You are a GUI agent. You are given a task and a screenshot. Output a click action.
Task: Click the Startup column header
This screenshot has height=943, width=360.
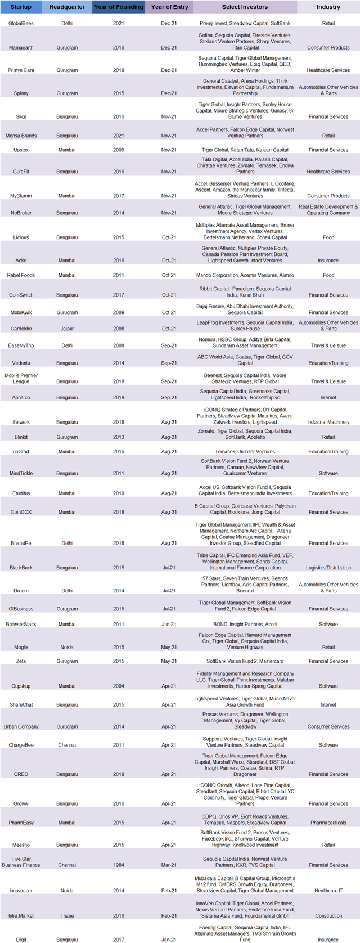(x=21, y=7)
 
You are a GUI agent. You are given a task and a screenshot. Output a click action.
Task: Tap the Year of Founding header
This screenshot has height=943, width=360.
(x=118, y=7)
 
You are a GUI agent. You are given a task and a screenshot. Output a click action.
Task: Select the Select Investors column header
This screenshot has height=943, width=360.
(x=245, y=7)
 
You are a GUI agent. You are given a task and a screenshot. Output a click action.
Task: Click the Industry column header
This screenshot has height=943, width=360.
(x=328, y=7)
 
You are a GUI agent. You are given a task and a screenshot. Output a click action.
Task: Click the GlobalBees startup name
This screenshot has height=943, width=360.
(x=21, y=24)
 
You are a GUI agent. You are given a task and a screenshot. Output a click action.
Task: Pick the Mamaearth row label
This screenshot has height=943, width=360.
(x=21, y=48)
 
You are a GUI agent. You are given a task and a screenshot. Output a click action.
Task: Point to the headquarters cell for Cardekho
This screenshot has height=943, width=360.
(x=67, y=329)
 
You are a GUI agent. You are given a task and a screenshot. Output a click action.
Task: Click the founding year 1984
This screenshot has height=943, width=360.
(x=118, y=865)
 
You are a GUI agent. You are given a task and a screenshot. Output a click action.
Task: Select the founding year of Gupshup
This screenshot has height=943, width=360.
(x=118, y=686)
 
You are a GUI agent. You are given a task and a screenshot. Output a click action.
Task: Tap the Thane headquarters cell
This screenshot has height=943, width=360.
(x=67, y=915)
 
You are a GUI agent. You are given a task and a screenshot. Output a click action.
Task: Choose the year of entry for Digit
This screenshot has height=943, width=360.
(x=169, y=940)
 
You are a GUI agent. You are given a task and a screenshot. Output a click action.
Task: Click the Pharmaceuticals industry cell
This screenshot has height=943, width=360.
(x=328, y=823)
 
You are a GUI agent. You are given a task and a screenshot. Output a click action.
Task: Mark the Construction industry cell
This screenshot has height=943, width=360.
(x=328, y=915)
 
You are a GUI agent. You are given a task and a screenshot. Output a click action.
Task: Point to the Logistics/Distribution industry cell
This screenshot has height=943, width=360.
(x=328, y=568)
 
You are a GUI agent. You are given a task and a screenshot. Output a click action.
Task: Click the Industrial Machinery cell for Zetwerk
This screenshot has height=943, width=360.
(x=328, y=422)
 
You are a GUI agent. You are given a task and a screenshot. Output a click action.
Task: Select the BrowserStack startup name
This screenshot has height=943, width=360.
(x=21, y=624)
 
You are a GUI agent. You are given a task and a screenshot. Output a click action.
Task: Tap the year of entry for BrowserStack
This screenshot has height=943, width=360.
(x=169, y=624)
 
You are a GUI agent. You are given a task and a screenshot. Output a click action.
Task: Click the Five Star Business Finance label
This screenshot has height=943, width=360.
(x=21, y=862)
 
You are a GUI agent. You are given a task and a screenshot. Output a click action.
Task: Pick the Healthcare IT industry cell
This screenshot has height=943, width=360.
(x=328, y=891)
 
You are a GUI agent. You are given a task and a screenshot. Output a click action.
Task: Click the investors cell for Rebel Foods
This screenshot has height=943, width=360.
(x=245, y=275)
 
